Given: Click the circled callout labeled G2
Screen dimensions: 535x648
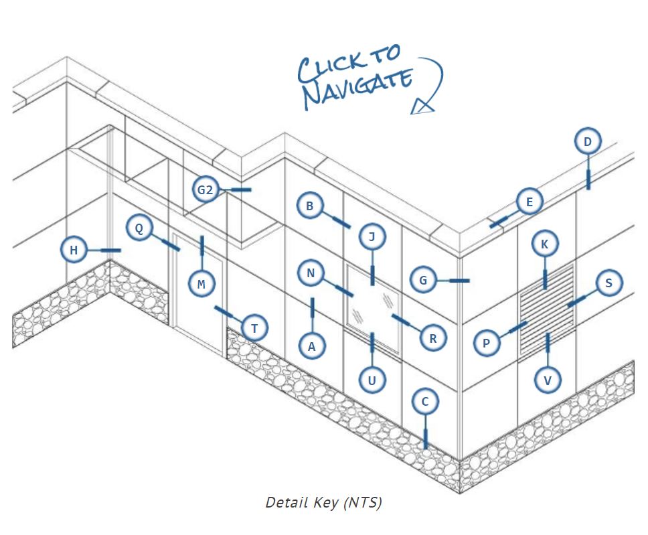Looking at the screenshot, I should [x=205, y=190].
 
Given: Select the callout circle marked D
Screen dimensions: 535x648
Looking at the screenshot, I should [x=588, y=142].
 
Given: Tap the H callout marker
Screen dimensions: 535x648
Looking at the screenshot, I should [x=74, y=250].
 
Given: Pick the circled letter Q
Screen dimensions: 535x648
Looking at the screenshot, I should [x=139, y=228].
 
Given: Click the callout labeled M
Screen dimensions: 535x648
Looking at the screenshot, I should [x=201, y=285].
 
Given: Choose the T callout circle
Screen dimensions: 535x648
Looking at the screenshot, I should [x=254, y=328].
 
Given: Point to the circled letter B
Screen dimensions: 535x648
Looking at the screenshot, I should [x=309, y=206].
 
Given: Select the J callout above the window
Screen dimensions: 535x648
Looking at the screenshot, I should [x=372, y=236].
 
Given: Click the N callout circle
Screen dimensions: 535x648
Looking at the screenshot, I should [x=311, y=273].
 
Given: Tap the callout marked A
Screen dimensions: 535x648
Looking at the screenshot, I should [x=311, y=346].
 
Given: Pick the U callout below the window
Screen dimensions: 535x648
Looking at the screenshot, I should [x=372, y=380].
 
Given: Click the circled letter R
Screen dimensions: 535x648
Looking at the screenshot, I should [x=433, y=338].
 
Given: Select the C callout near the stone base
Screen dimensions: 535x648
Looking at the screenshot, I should [x=424, y=402].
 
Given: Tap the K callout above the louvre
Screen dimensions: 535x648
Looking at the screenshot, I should [x=545, y=244].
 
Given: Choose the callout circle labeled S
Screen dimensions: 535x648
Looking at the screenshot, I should [x=609, y=283].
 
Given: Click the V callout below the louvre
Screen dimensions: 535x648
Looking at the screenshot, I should [x=548, y=380].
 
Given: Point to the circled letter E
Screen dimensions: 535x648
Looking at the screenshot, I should [x=530, y=202].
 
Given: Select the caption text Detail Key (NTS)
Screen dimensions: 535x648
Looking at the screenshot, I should [x=323, y=502].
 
